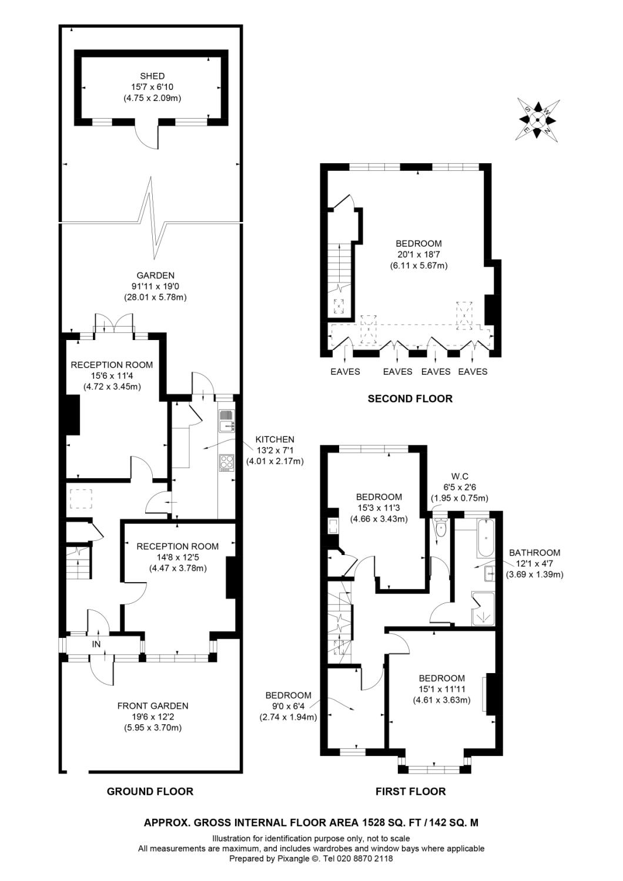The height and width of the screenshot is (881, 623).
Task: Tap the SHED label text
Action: tap(152, 76)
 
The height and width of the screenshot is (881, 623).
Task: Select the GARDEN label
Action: tap(155, 275)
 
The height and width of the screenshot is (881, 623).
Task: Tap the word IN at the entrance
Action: tap(96, 644)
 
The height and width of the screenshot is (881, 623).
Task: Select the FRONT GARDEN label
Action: tap(153, 705)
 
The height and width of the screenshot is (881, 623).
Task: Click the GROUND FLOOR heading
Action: tap(150, 791)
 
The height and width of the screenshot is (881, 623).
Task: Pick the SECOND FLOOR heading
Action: tap(410, 399)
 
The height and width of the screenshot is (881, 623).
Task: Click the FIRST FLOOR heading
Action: tap(410, 791)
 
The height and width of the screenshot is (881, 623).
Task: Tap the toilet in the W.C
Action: tap(440, 529)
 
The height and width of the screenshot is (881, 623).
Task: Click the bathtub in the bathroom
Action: tap(485, 539)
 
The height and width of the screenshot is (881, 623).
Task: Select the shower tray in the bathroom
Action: tap(483, 608)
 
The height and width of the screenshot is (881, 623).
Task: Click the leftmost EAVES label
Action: tap(345, 371)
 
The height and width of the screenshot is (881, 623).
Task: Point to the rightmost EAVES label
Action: tap(473, 371)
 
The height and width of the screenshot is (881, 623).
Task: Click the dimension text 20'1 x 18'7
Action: tap(418, 254)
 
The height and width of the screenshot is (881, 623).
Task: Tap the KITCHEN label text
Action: tap(274, 439)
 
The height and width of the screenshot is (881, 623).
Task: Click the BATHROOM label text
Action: tap(534, 553)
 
